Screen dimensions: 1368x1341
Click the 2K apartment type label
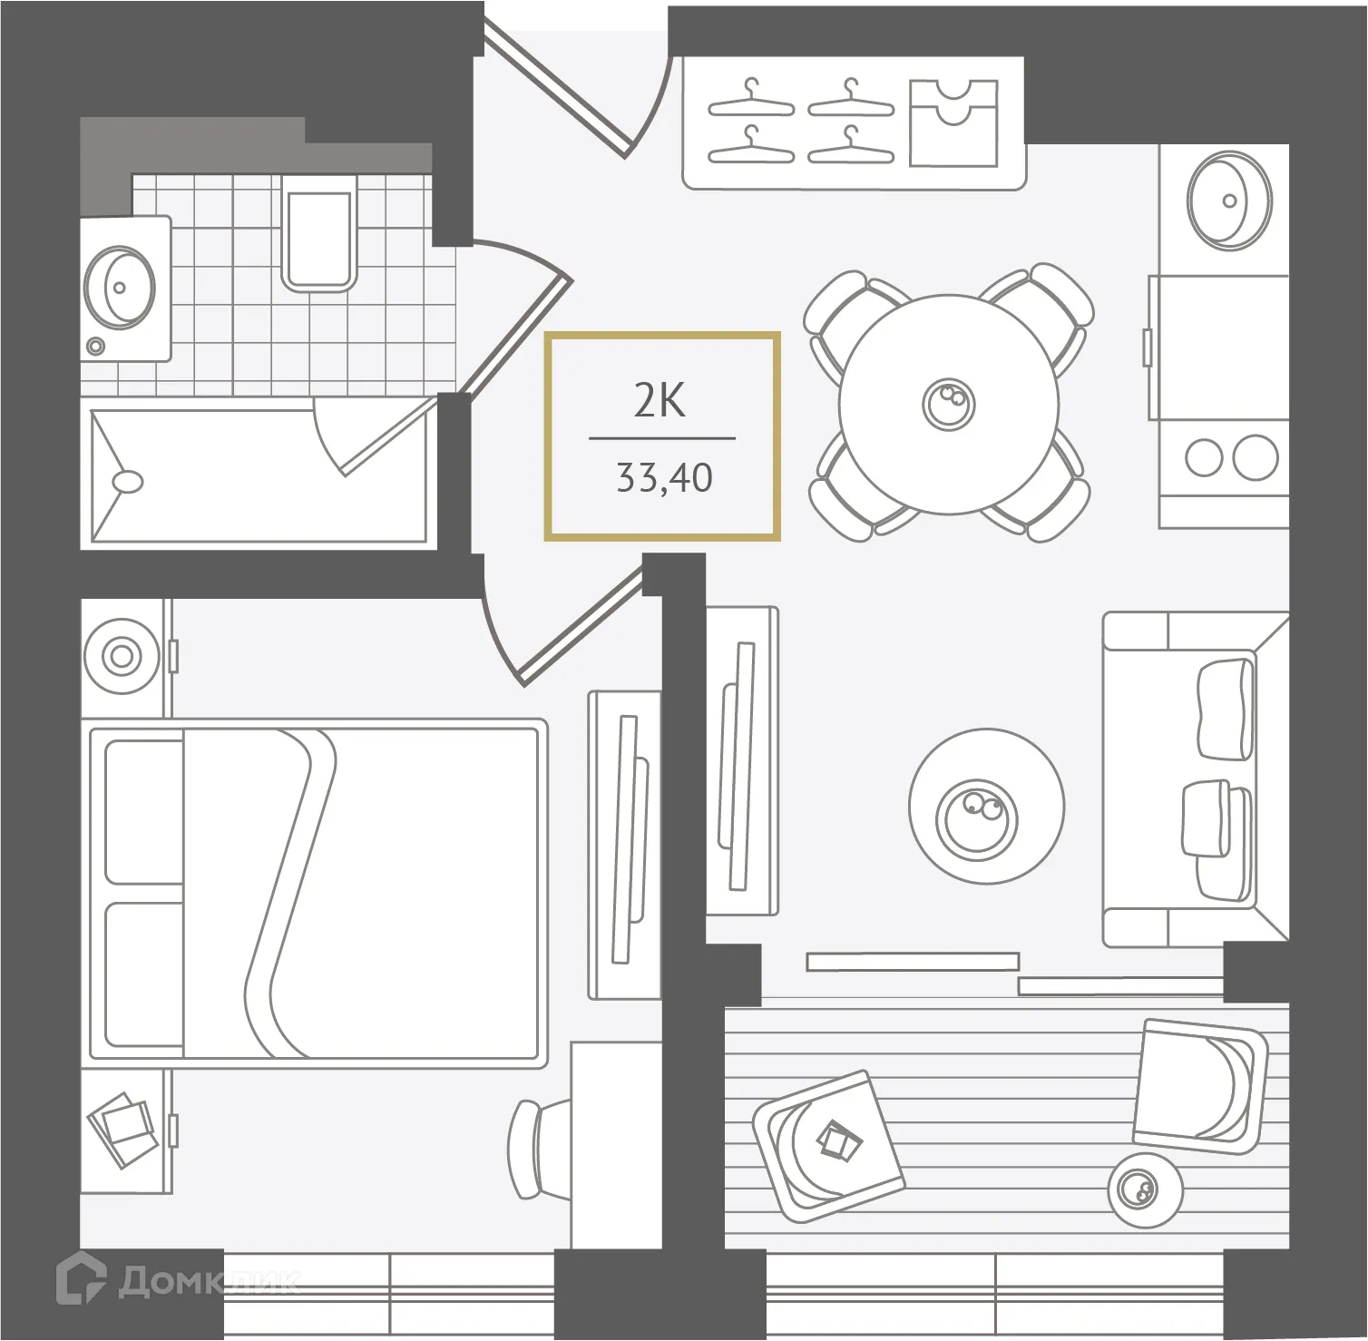click(x=660, y=401)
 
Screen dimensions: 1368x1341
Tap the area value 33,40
click(x=664, y=477)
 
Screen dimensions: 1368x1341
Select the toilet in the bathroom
click(x=317, y=232)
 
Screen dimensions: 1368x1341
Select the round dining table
click(x=949, y=403)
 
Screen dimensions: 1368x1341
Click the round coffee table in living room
click(x=985, y=810)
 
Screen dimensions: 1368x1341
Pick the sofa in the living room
click(x=1195, y=778)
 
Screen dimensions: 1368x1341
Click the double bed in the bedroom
click(x=318, y=890)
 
